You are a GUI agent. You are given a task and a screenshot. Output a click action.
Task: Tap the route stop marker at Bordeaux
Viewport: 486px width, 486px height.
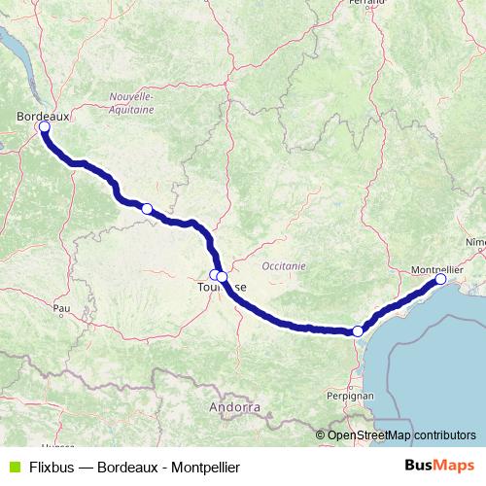tap(44, 126)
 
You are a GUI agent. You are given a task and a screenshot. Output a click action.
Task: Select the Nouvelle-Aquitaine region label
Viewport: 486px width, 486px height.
tap(131, 103)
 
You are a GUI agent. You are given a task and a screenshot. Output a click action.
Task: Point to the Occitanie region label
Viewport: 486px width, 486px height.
tap(284, 265)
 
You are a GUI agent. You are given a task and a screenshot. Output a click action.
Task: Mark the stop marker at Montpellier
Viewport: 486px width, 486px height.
tap(440, 279)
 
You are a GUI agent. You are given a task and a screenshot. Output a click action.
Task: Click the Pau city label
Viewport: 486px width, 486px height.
tap(62, 308)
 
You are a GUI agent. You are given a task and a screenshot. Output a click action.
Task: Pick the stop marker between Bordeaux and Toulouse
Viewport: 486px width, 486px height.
tap(147, 208)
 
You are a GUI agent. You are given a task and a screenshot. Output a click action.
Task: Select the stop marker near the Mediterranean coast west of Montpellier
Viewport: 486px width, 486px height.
tap(358, 331)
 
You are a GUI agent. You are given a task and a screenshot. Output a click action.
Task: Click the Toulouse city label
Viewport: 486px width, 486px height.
tap(221, 288)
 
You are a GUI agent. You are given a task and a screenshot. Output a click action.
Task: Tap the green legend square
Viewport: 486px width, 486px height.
tap(14, 466)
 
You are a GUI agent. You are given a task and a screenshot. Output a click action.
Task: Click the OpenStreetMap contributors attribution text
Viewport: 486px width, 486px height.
tap(401, 435)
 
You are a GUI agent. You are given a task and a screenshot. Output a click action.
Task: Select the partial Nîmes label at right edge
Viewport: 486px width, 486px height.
tap(476, 240)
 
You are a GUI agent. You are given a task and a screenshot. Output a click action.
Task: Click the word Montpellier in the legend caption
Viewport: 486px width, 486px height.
tap(204, 466)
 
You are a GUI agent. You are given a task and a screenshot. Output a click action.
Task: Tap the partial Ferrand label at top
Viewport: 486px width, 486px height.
tap(362, 4)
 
